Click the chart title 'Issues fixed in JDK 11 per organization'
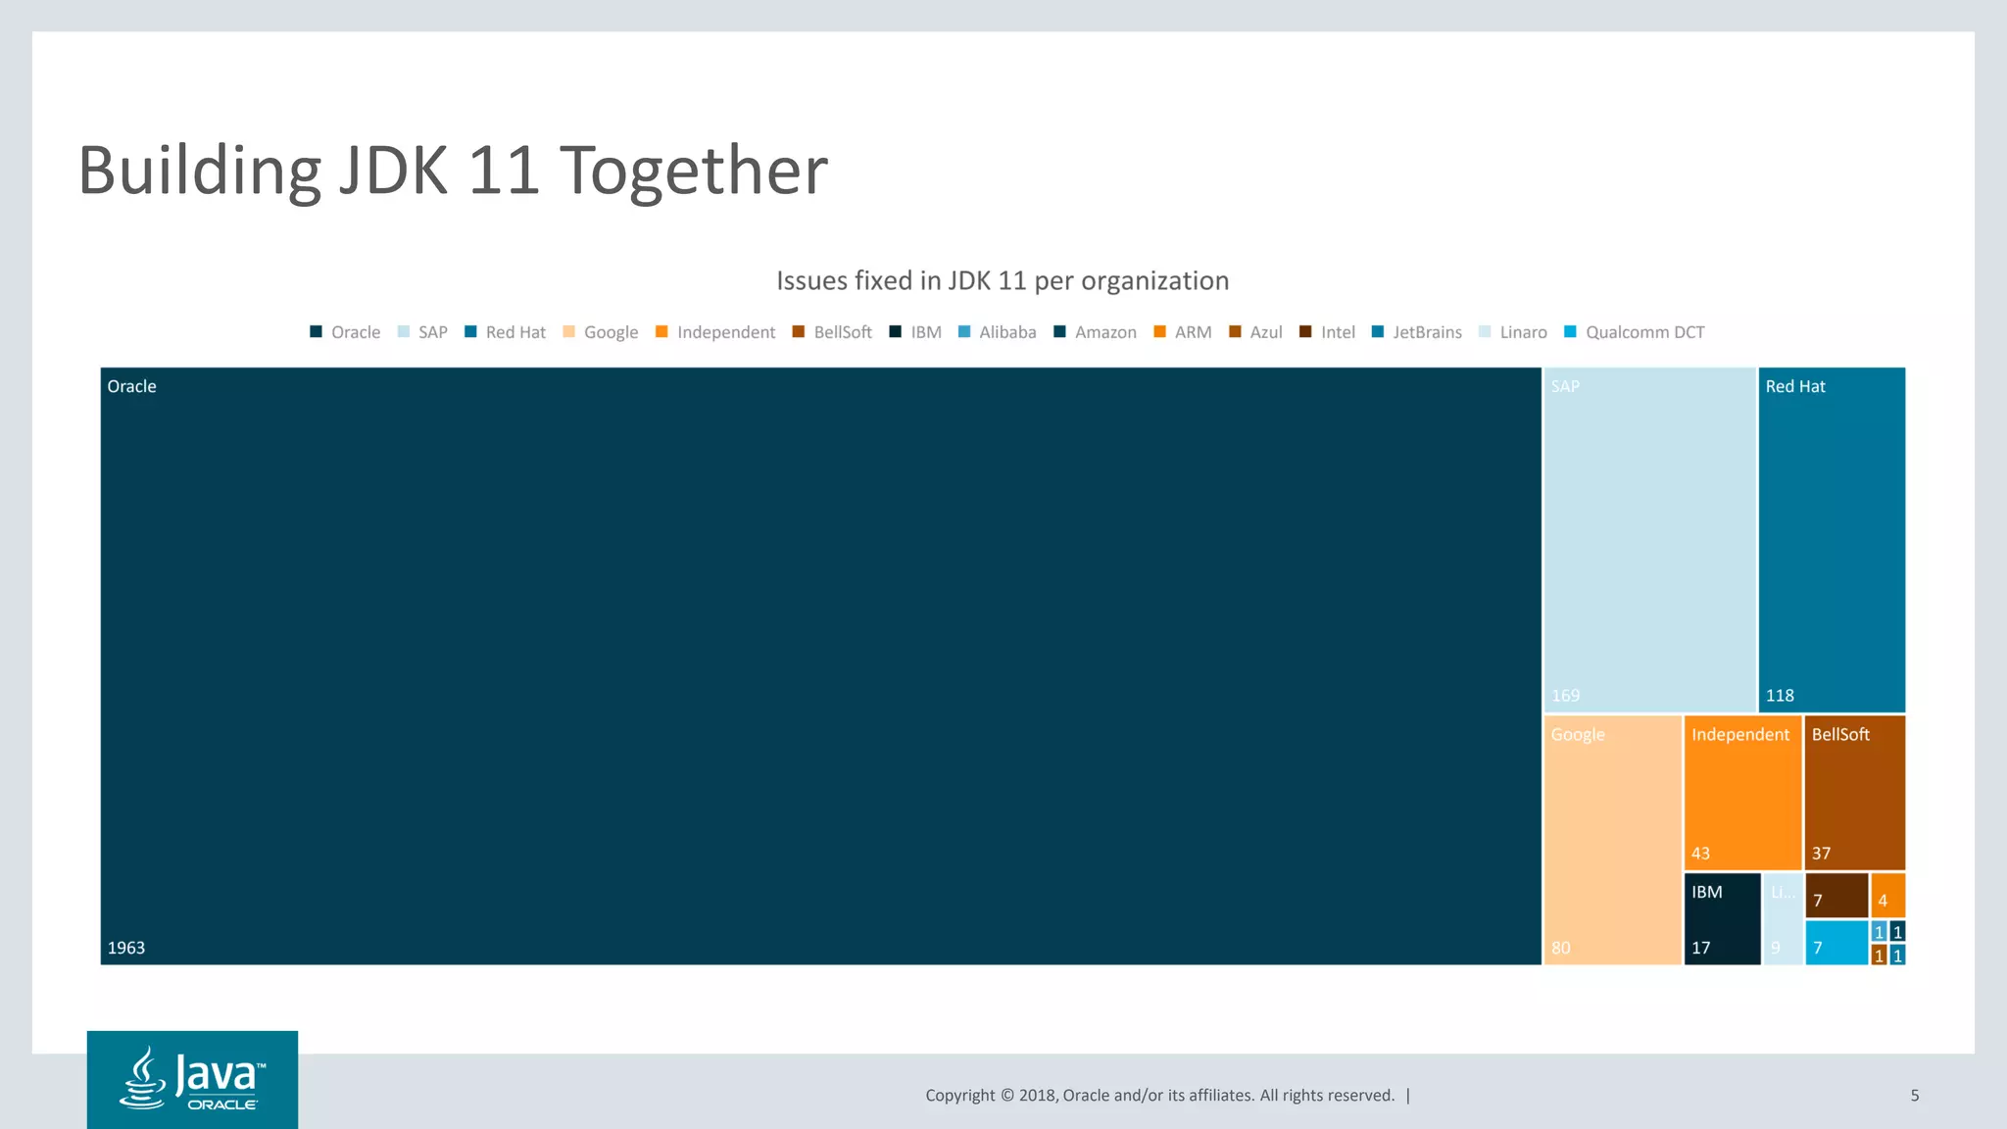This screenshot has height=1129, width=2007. click(1002, 281)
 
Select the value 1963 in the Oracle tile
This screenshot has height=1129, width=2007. click(126, 948)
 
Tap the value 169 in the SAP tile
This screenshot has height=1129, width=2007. click(1565, 696)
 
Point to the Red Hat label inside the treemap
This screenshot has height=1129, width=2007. click(1795, 387)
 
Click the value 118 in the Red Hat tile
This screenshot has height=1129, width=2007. click(1780, 696)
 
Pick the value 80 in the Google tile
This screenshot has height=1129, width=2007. click(1560, 948)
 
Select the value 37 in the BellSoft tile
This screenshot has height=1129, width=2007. click(1821, 854)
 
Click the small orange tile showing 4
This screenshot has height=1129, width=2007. click(1886, 896)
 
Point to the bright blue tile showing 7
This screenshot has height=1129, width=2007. click(1836, 943)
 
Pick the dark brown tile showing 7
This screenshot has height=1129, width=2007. click(1836, 896)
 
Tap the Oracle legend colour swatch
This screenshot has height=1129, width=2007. click(316, 332)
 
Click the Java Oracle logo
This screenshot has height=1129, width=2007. click(192, 1079)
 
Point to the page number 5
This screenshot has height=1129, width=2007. click(1914, 1096)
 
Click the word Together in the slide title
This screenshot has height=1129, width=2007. click(693, 171)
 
